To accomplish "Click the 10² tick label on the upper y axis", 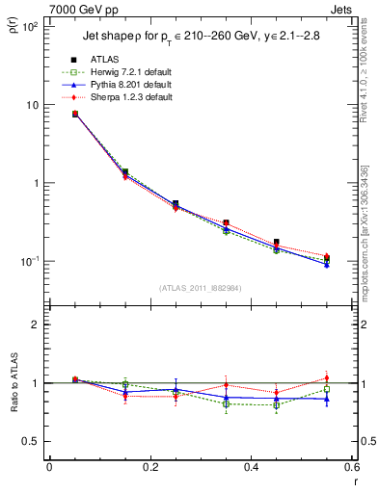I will (x=28, y=27).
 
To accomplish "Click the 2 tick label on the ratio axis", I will (x=35, y=324).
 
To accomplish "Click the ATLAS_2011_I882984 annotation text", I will (x=200, y=287).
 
